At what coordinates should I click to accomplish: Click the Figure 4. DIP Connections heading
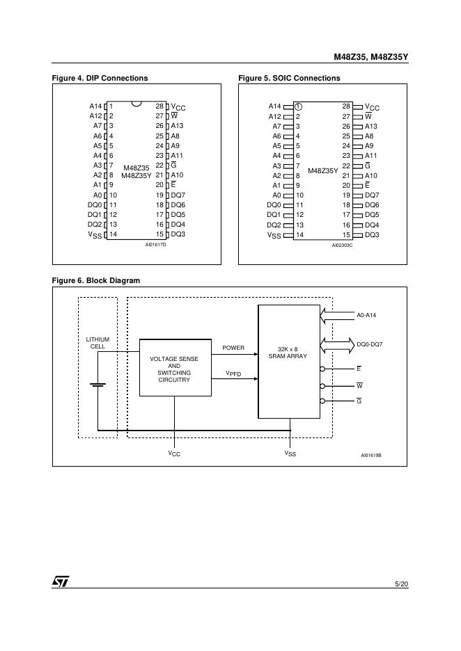(x=100, y=79)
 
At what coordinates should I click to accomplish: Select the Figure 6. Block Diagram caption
(x=95, y=280)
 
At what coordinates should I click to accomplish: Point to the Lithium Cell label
(x=97, y=343)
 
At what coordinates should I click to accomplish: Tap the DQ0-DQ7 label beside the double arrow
(x=369, y=344)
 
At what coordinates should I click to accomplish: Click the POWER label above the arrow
(x=233, y=348)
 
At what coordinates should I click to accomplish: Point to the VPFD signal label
(x=233, y=373)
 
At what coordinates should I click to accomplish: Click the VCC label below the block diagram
(x=174, y=453)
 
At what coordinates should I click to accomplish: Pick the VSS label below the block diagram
(x=290, y=453)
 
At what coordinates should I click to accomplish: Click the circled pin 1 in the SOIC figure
(x=298, y=106)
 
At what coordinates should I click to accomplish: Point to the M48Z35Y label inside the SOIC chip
(x=322, y=170)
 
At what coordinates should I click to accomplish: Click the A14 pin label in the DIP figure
(x=95, y=106)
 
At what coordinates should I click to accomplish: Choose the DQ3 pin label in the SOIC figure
(x=372, y=235)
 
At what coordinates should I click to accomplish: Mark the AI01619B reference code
(x=371, y=456)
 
